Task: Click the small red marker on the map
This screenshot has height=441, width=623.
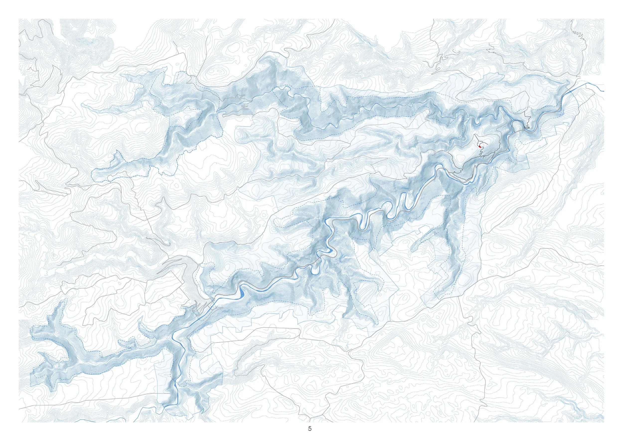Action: pos(480,146)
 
